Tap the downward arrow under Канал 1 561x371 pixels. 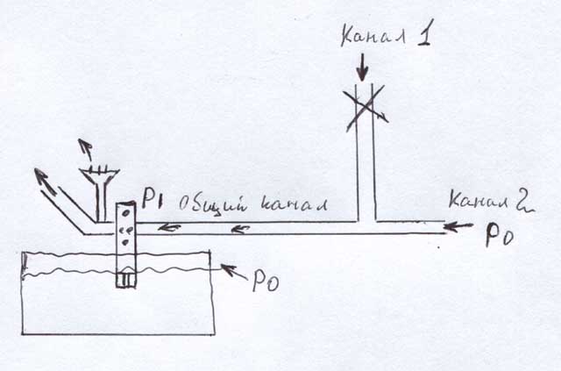[x=364, y=67]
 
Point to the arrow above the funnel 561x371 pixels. [x=84, y=147]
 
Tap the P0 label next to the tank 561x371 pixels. [x=265, y=282]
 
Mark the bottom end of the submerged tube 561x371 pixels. [x=127, y=282]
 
